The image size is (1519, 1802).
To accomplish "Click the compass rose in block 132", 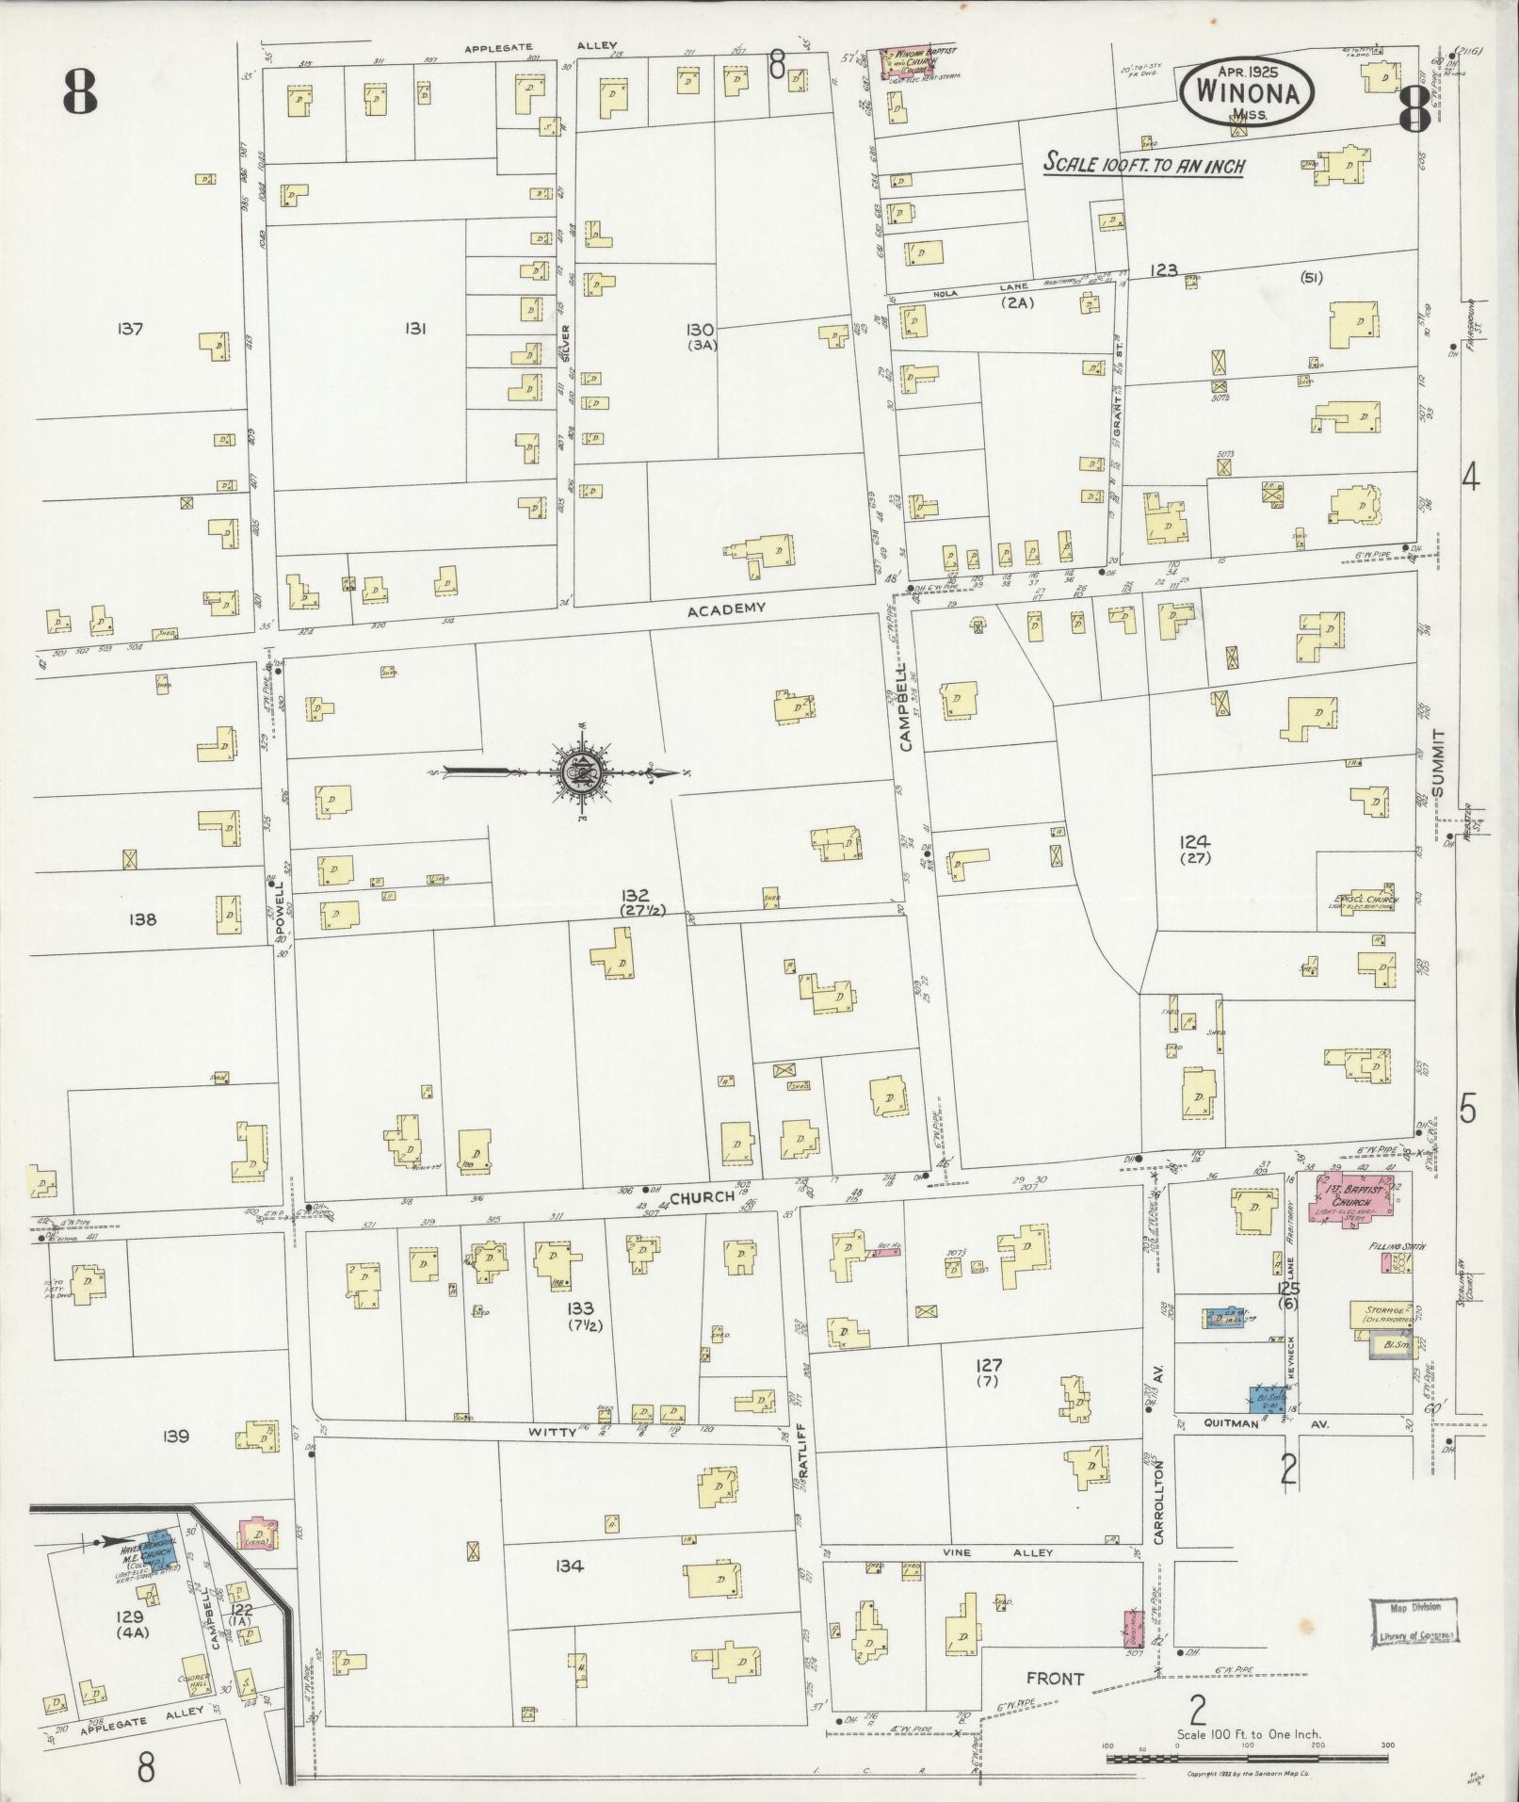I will pyautogui.click(x=577, y=773).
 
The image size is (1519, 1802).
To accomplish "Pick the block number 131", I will pyautogui.click(x=416, y=329).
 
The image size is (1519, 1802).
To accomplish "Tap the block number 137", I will pyautogui.click(x=130, y=329).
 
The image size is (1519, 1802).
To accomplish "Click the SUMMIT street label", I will pyautogui.click(x=1437, y=763).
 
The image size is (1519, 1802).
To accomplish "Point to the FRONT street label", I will pyautogui.click(x=1055, y=1678).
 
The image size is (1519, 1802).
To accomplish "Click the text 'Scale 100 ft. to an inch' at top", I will pyautogui.click(x=1143, y=165).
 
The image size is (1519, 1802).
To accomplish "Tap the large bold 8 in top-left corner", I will pyautogui.click(x=80, y=92).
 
